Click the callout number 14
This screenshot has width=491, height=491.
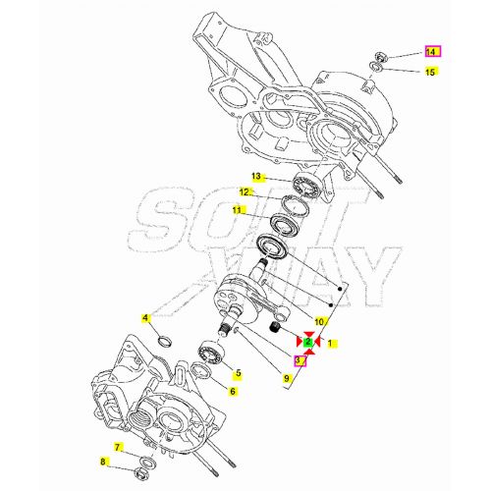[432, 51]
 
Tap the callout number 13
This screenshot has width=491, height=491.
[256, 177]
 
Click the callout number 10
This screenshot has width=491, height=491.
[319, 322]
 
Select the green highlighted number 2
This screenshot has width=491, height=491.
[308, 343]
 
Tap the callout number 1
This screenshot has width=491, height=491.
[332, 344]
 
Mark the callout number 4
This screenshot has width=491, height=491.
[145, 318]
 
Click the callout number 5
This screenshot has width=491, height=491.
[236, 373]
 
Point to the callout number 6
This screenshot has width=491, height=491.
[233, 392]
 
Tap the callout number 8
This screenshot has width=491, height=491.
[103, 462]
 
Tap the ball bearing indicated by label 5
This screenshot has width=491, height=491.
[210, 351]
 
